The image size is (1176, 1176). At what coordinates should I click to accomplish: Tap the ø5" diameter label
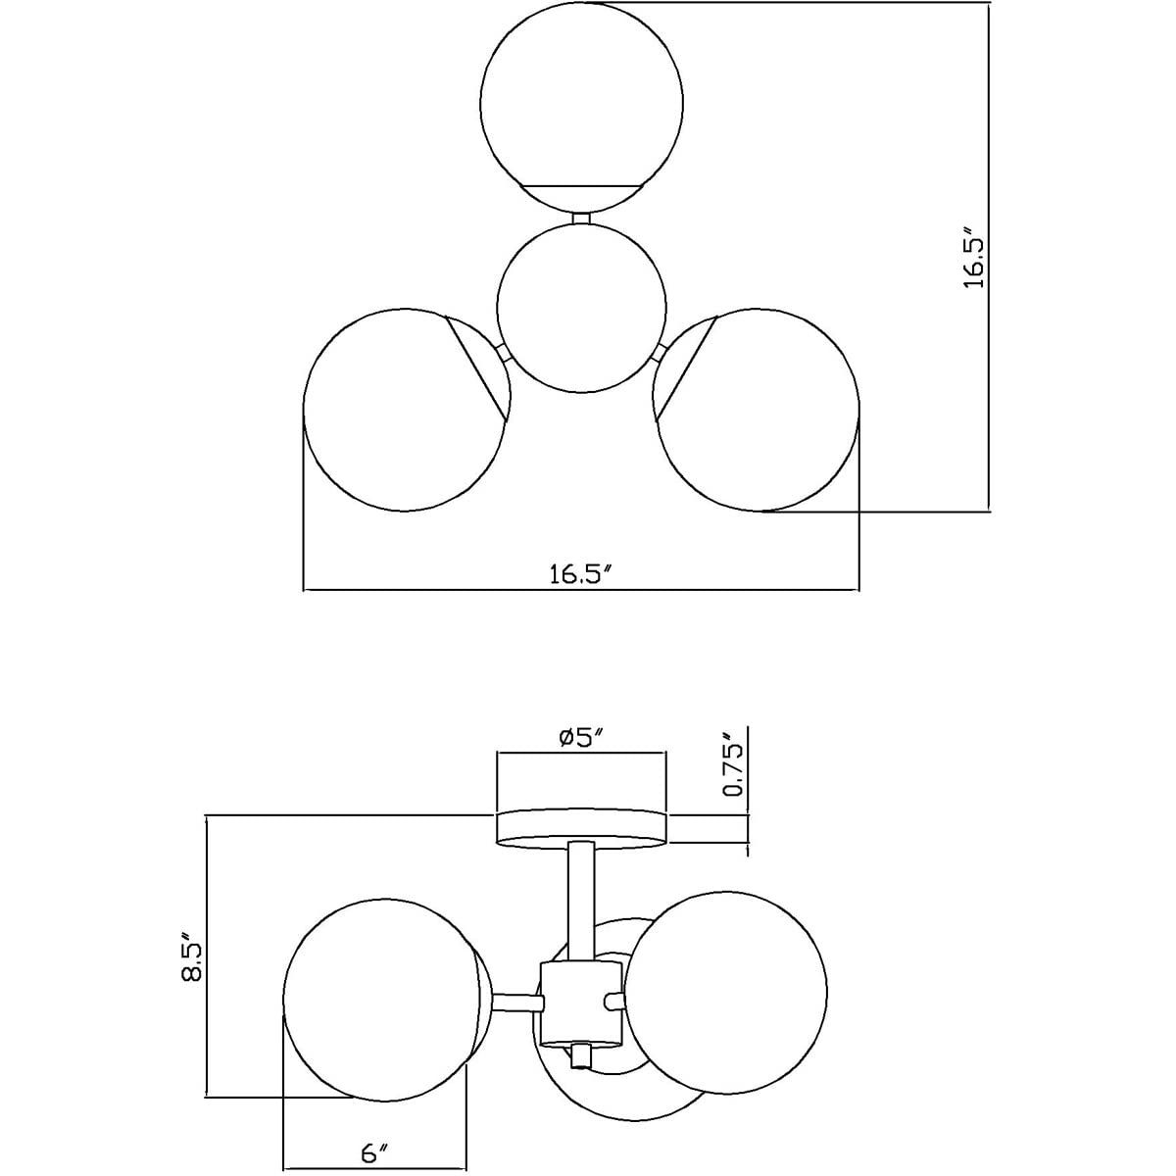[x=580, y=738]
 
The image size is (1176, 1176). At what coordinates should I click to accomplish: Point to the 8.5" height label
[x=192, y=962]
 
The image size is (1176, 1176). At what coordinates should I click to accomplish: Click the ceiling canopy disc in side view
[x=581, y=826]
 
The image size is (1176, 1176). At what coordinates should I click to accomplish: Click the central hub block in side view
[x=581, y=1002]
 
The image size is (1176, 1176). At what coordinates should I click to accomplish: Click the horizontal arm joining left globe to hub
[x=516, y=1001]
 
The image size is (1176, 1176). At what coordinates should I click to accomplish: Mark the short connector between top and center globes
[x=581, y=218]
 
